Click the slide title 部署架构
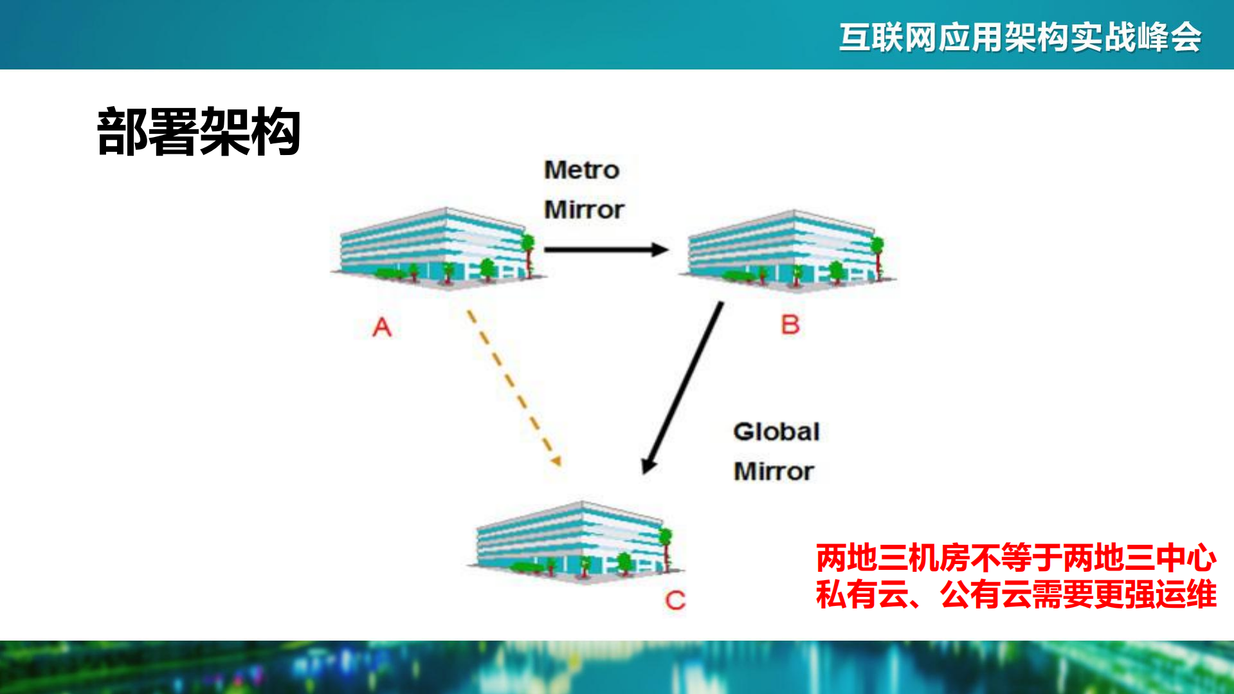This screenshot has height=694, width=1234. [199, 132]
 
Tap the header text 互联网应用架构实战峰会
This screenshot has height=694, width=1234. [1020, 37]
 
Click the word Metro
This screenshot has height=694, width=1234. [581, 170]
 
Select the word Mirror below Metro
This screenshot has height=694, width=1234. [584, 210]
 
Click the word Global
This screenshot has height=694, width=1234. [776, 432]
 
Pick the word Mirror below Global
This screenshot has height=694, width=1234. [774, 471]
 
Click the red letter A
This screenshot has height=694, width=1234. [382, 327]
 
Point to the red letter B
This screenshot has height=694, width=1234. [790, 325]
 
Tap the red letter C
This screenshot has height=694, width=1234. [675, 601]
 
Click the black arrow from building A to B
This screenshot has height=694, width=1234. [601, 250]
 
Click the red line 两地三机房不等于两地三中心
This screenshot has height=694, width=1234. [1016, 558]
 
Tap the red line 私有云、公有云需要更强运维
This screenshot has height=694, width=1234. [1016, 594]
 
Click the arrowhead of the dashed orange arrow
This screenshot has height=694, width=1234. [556, 460]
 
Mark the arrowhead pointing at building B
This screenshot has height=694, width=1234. [660, 250]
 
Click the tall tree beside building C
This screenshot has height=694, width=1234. [666, 547]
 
